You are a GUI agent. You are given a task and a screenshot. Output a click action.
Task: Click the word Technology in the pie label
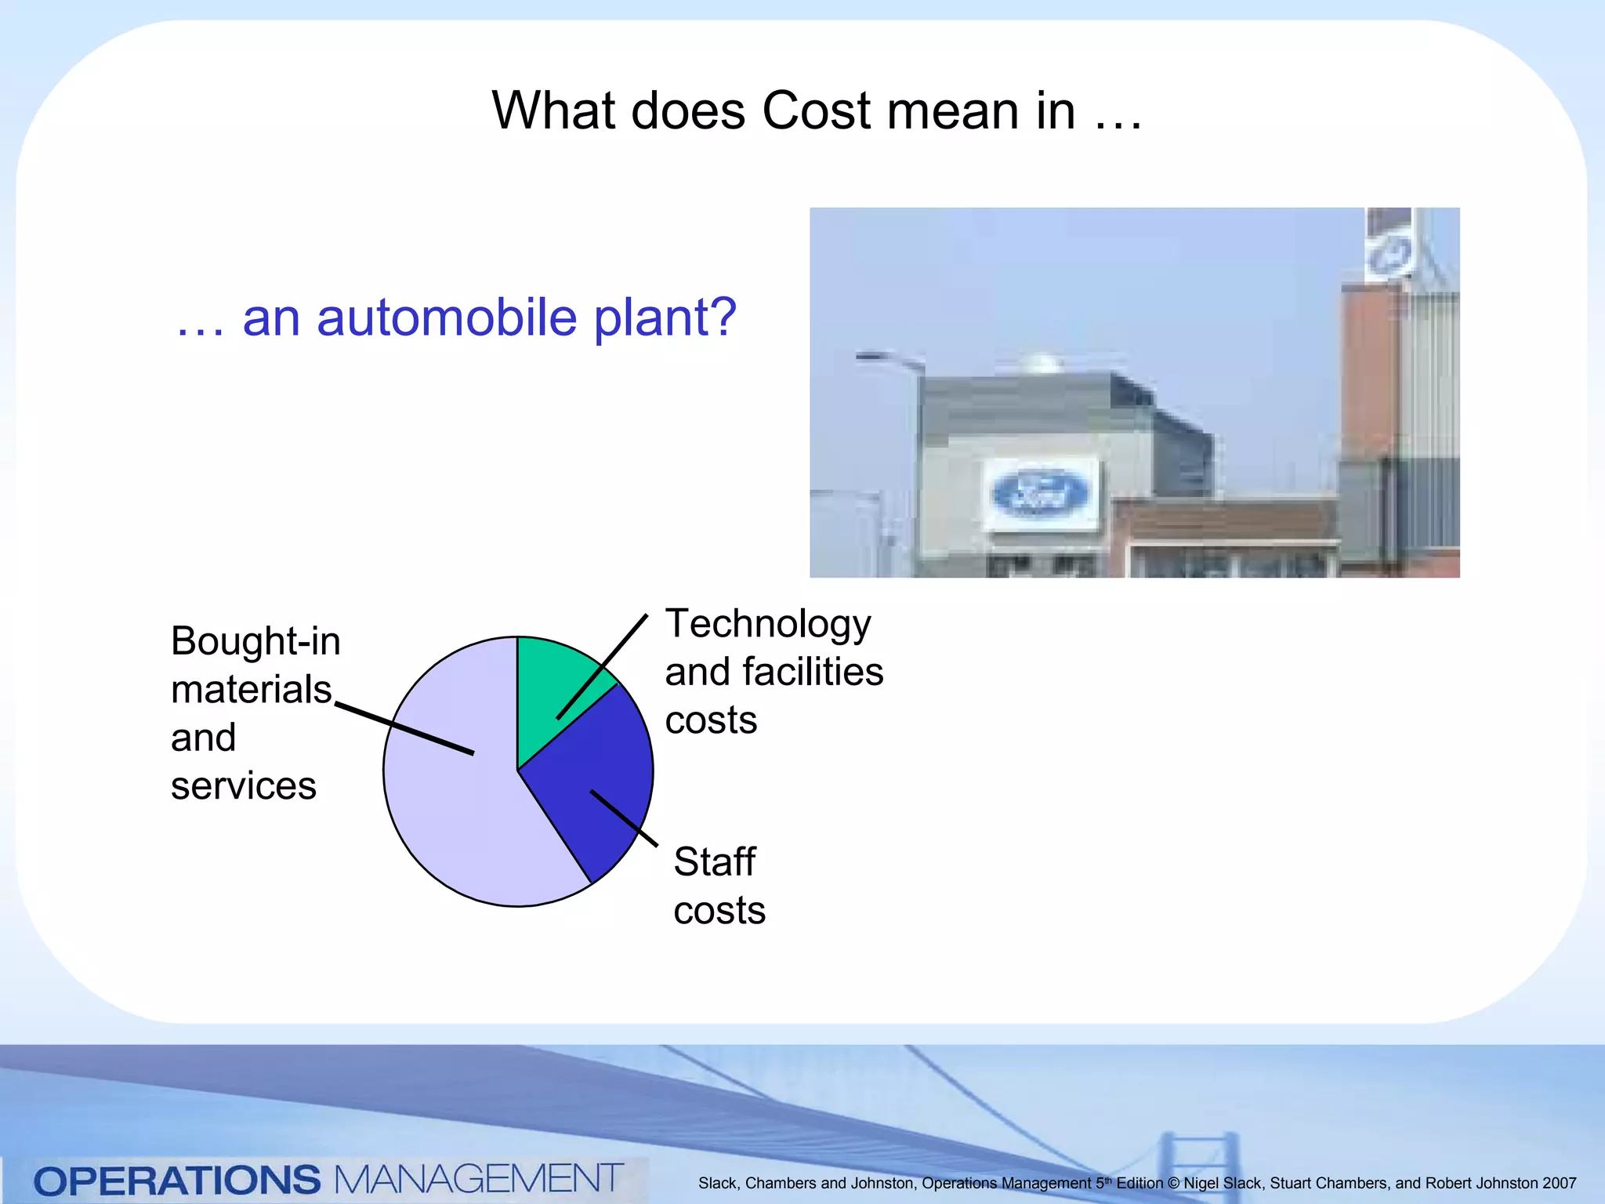[768, 625]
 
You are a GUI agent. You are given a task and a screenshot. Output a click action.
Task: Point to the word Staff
[714, 862]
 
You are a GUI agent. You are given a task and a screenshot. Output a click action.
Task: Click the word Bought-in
[255, 641]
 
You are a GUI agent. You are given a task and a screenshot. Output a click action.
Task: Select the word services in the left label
[243, 786]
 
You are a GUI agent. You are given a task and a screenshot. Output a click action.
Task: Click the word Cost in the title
[816, 111]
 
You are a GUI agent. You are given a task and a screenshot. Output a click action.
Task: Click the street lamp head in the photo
[871, 357]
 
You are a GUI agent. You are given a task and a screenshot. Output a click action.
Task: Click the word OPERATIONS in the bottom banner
[177, 1180]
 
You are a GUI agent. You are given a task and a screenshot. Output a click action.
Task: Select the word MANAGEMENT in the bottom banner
[478, 1179]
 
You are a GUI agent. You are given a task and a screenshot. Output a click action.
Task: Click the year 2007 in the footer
[1559, 1183]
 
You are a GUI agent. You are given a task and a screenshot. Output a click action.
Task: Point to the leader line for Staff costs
[624, 818]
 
